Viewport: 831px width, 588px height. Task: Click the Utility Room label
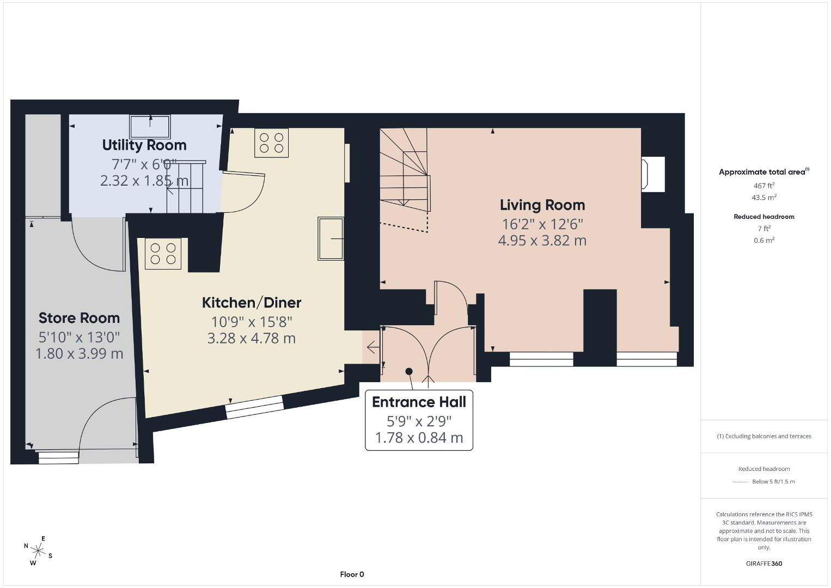[x=144, y=145]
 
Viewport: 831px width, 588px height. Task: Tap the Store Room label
[x=79, y=318]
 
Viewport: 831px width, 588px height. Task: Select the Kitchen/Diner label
[x=252, y=303]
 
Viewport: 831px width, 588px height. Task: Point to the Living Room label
[x=542, y=205]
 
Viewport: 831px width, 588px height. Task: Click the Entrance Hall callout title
[x=419, y=402]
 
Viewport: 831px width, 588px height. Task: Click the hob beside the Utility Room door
[x=272, y=143]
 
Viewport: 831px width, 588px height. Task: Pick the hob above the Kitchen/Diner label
[x=163, y=254]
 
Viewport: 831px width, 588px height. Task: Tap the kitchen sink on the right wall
[x=331, y=238]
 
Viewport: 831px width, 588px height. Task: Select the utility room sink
[x=150, y=127]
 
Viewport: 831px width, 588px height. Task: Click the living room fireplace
[x=653, y=174]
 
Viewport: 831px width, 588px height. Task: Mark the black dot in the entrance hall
[x=409, y=371]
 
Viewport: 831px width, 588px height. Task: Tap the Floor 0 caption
[x=352, y=574]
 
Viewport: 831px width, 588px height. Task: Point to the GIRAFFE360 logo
[x=764, y=563]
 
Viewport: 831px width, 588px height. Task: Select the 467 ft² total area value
[x=764, y=185]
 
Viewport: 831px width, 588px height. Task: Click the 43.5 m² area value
[x=764, y=197]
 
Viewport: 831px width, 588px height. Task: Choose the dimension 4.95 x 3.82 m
[x=542, y=241]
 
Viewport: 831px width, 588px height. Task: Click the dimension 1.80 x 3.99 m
[x=79, y=353]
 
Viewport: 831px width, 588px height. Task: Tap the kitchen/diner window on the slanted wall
[x=254, y=407]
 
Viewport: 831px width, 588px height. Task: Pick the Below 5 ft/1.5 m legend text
[x=773, y=481]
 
